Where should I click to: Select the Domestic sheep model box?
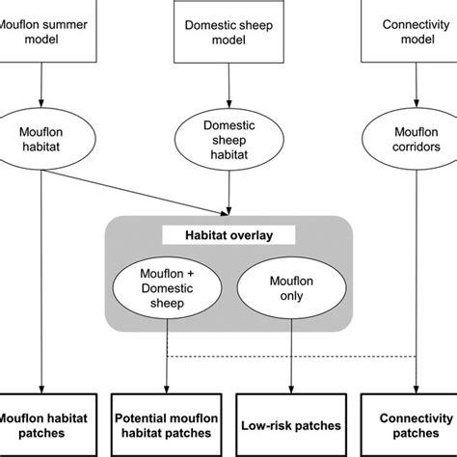pos(228,29)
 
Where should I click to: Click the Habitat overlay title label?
pos(229,233)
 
